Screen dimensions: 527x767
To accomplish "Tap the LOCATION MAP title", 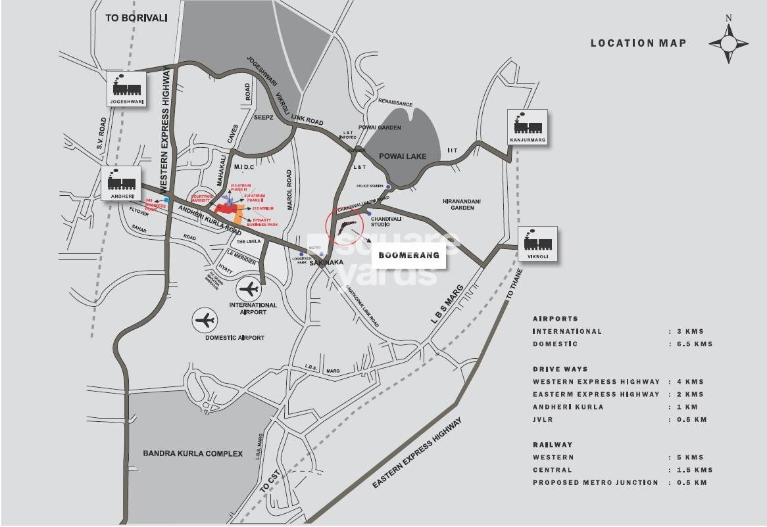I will tap(638, 43).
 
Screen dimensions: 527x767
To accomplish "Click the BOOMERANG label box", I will tap(408, 255).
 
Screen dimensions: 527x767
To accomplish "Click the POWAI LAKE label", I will tap(403, 156).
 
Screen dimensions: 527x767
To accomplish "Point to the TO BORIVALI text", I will tap(137, 18).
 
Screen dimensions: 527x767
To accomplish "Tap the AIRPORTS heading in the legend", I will tap(555, 319).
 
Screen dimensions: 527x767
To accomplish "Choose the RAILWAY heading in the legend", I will tap(553, 445).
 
